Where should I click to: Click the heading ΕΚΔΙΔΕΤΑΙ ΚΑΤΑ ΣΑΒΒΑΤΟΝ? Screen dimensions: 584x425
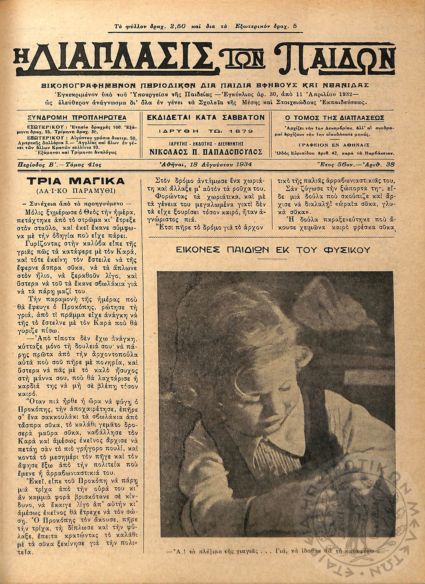(x=206, y=118)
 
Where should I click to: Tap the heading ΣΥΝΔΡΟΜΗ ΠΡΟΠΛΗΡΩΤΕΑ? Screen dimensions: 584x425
(x=77, y=118)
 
